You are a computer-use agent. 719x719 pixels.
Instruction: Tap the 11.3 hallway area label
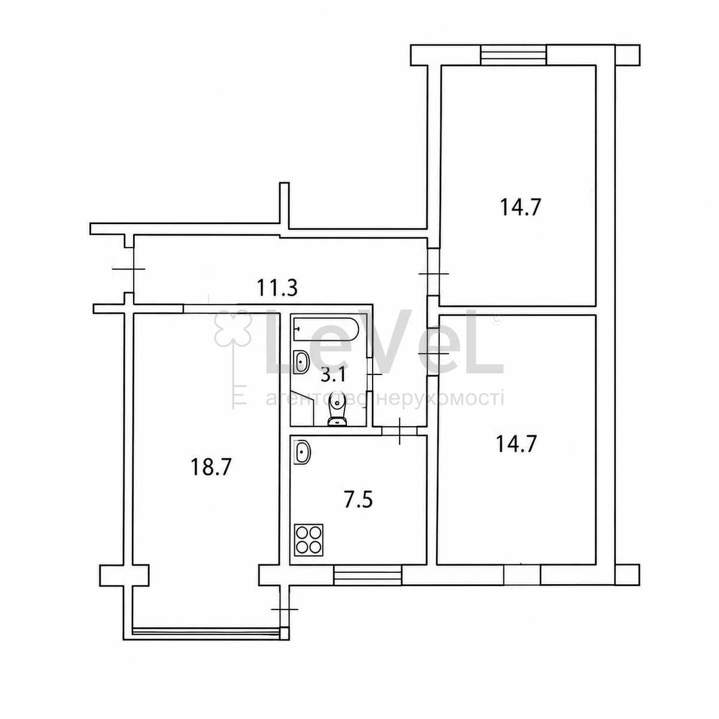pos(277,288)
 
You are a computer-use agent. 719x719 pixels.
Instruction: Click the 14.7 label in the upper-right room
pos(520,207)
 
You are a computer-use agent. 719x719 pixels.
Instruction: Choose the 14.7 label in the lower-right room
pos(516,444)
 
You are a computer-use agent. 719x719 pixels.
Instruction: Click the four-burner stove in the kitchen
pos(309,540)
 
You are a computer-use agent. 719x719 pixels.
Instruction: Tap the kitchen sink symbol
pos(302,452)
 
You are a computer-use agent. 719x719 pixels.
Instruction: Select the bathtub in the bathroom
pos(326,329)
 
